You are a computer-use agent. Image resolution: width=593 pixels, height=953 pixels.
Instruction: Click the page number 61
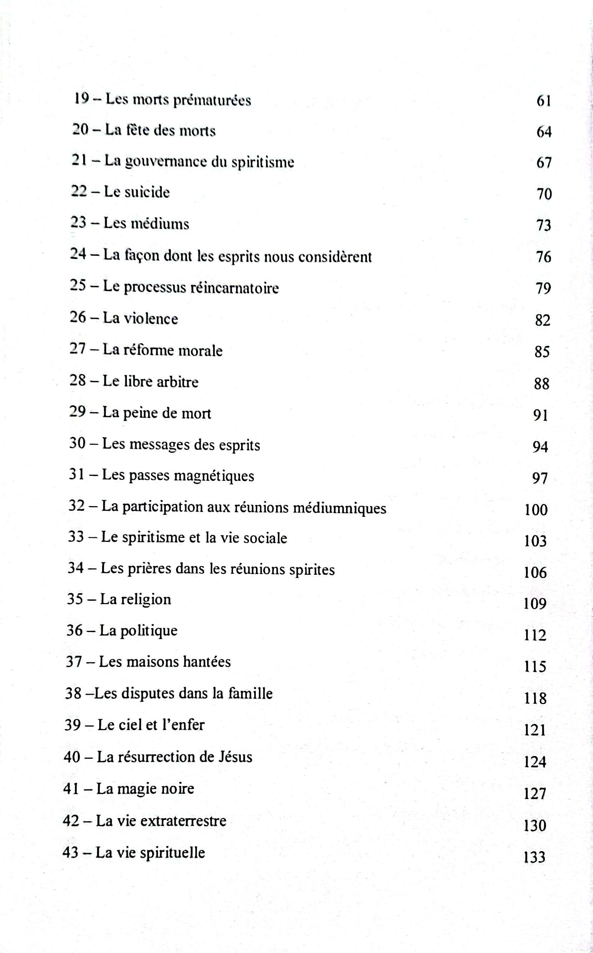tap(544, 101)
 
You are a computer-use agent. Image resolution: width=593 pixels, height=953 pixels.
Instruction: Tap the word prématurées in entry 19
tap(212, 101)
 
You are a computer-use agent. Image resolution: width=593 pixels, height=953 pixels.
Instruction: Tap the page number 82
tap(542, 320)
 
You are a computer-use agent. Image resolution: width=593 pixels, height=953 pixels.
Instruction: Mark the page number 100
tap(536, 509)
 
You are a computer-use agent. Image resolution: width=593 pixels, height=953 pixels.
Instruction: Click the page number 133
tap(534, 857)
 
